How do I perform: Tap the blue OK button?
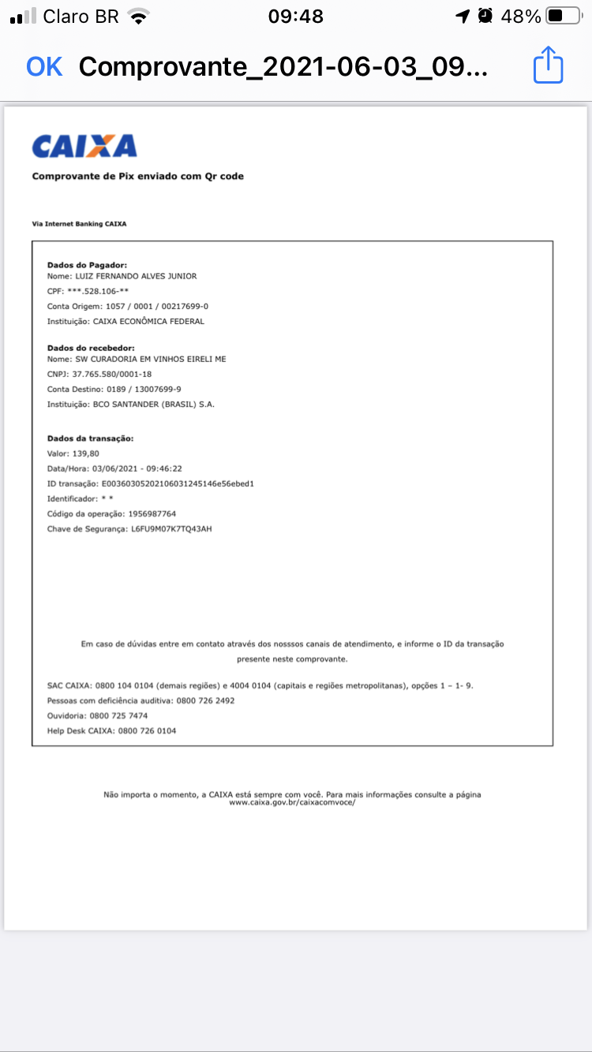point(44,67)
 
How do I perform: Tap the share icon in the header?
point(548,65)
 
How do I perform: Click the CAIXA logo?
point(84,146)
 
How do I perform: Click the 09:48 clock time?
point(295,16)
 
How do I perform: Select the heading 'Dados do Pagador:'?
point(88,265)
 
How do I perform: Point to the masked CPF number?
point(98,292)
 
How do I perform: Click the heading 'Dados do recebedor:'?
point(91,348)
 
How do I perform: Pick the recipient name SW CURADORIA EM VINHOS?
point(150,359)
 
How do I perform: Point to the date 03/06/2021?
point(111,468)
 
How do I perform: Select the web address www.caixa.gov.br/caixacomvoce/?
point(292,802)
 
